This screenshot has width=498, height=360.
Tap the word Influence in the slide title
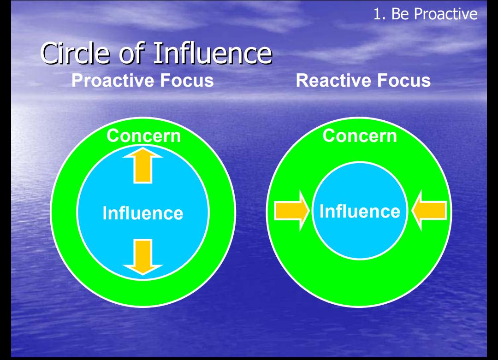(213, 53)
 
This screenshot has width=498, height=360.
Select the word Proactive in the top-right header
(445, 14)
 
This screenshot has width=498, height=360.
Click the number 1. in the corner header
(379, 14)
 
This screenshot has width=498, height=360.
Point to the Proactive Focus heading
(142, 80)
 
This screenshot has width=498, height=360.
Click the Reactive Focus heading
(363, 80)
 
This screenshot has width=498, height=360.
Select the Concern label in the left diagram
(143, 136)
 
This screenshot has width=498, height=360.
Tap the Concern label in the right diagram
(360, 136)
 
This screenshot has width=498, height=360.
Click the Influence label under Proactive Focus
(143, 213)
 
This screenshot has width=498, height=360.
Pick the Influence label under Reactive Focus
(360, 212)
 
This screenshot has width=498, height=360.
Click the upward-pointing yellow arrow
(143, 165)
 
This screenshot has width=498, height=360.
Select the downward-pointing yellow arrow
(143, 257)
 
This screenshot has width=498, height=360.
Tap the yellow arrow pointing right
(292, 211)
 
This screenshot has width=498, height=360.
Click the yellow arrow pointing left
(429, 211)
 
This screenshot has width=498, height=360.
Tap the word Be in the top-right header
(400, 14)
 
